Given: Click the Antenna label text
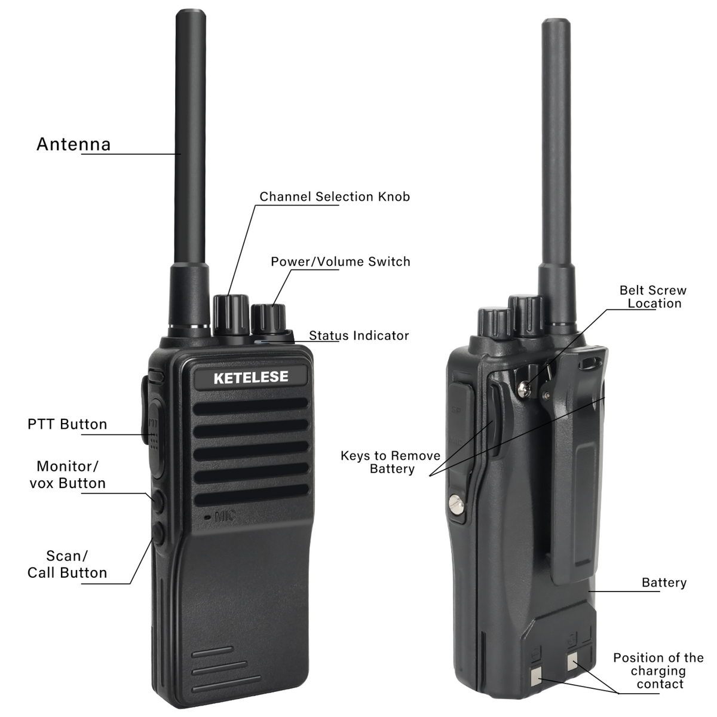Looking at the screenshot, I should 73,145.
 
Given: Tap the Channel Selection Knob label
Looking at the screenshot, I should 335,197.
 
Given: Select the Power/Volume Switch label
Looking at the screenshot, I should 341,262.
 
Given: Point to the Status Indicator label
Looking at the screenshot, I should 359,336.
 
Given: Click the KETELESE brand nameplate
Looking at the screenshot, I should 251,377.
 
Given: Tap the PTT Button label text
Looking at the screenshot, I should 68,424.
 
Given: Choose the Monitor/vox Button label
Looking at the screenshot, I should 68,474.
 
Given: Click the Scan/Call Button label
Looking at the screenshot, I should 68,564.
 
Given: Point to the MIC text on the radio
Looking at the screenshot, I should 225,515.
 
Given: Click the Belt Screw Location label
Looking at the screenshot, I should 654,296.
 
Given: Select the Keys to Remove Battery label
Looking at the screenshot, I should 391,462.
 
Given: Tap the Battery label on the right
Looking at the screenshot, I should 664,583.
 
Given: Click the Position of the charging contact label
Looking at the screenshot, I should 658,671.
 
